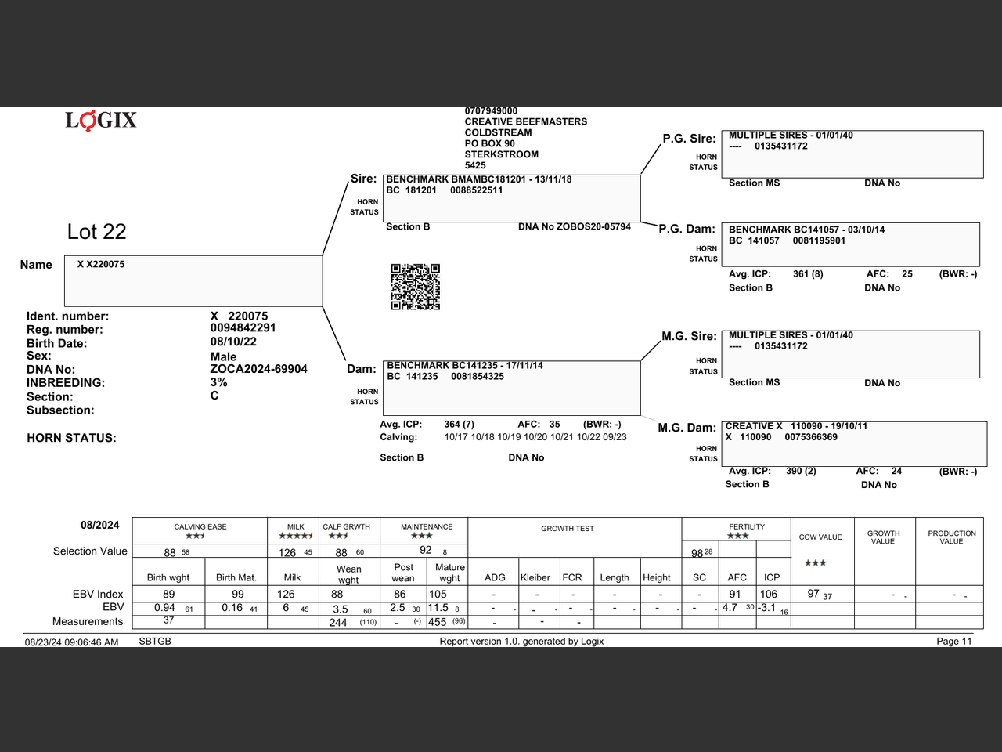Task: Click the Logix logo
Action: click(101, 120)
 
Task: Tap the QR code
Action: click(415, 287)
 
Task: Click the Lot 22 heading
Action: click(96, 232)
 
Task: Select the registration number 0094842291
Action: click(243, 328)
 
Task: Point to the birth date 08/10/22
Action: click(233, 342)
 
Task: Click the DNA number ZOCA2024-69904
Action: click(258, 369)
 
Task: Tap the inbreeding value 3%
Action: click(218, 382)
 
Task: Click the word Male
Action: click(223, 356)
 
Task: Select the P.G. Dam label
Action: click(687, 229)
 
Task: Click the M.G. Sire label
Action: click(689, 336)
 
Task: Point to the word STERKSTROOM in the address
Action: click(501, 154)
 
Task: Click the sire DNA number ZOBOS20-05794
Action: click(593, 227)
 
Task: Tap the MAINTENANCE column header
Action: click(427, 527)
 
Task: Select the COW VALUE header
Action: click(820, 537)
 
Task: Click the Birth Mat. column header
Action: click(236, 578)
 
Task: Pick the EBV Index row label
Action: click(98, 595)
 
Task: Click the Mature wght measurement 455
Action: click(437, 622)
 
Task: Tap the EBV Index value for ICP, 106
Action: click(769, 595)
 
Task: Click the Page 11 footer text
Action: click(953, 641)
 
